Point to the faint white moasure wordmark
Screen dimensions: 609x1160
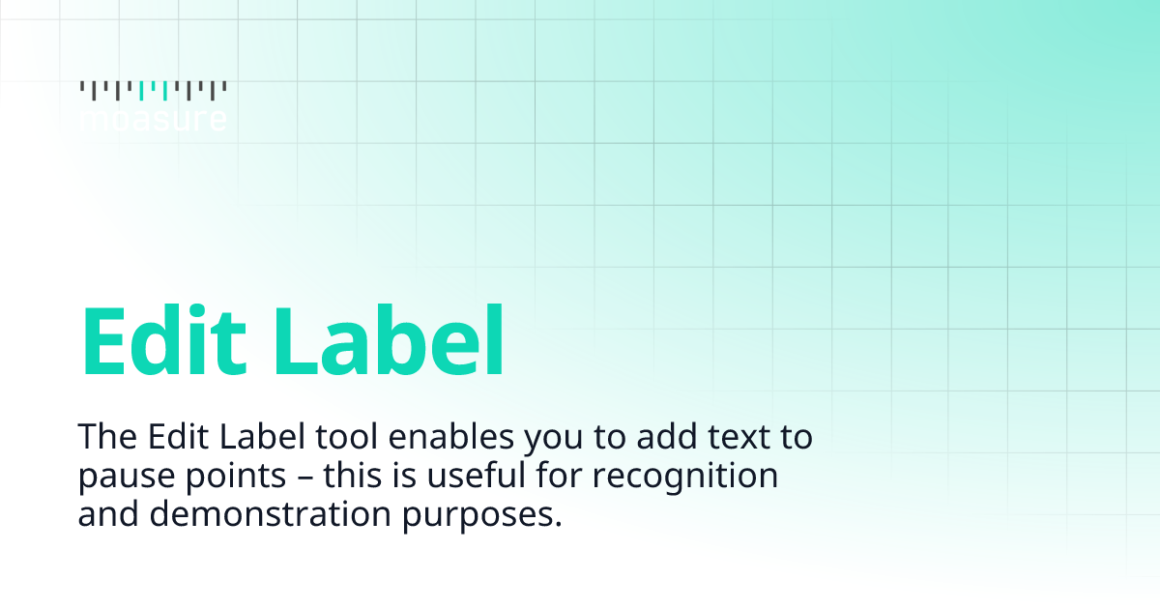(x=153, y=119)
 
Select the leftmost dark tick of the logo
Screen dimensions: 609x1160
(x=81, y=87)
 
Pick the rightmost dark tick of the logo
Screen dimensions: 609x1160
(x=224, y=87)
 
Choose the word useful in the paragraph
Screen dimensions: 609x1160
(x=470, y=477)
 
